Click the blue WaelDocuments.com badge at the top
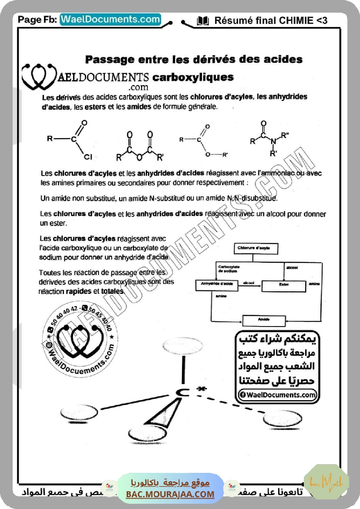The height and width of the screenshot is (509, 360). [x=110, y=20]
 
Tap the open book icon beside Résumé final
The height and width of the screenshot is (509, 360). [x=203, y=20]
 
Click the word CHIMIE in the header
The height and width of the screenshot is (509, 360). [x=296, y=20]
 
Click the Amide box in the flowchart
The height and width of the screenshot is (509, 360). [x=264, y=320]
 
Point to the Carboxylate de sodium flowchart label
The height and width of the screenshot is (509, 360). [x=229, y=269]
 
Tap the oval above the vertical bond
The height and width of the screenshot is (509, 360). [x=182, y=346]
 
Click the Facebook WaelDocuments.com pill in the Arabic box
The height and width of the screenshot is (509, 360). [x=277, y=395]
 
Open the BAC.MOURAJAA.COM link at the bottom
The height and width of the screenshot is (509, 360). [x=170, y=494]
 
